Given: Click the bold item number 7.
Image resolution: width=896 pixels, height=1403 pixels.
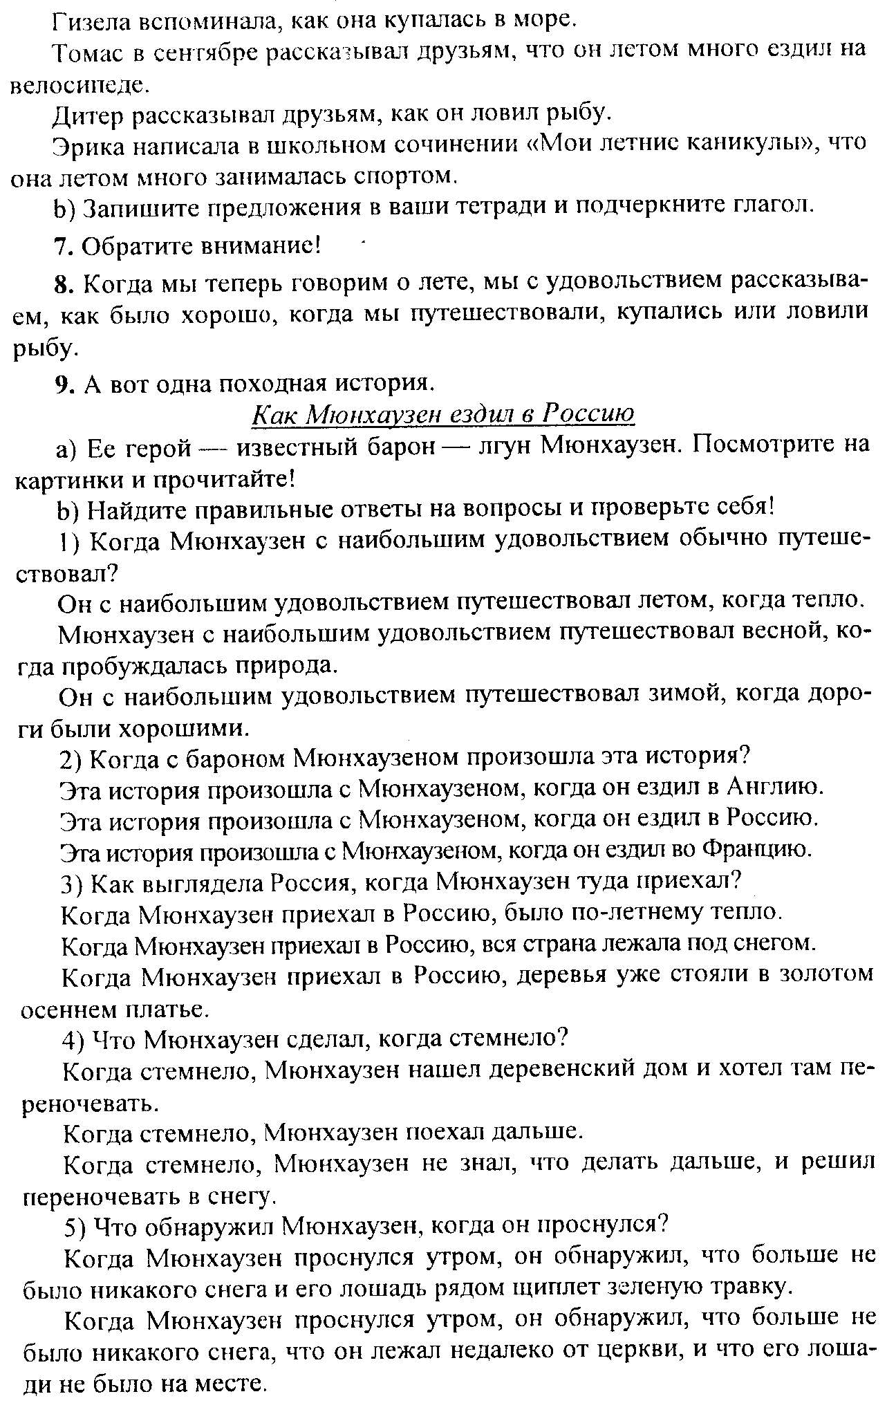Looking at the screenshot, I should (59, 245).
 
